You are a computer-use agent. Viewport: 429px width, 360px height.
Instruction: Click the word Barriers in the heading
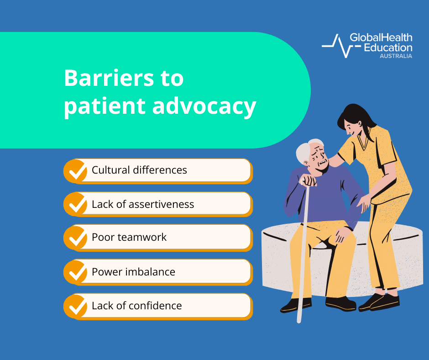pyautogui.click(x=109, y=78)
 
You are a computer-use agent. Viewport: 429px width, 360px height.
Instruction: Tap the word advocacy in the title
pyautogui.click(x=204, y=107)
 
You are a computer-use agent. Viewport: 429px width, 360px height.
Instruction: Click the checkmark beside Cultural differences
pyautogui.click(x=76, y=171)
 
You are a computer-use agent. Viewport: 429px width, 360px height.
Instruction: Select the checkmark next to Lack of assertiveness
pyautogui.click(x=76, y=204)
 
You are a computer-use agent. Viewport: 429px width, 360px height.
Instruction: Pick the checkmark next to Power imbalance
pyautogui.click(x=76, y=272)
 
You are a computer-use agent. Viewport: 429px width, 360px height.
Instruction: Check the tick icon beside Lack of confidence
pyautogui.click(x=76, y=307)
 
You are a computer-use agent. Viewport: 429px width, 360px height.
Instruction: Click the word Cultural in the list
pyautogui.click(x=111, y=170)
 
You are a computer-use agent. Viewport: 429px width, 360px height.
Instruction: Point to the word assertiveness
pyautogui.click(x=162, y=204)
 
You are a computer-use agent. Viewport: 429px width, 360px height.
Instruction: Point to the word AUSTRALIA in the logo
pyautogui.click(x=396, y=56)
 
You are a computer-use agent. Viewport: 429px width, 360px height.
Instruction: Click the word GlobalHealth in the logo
pyautogui.click(x=381, y=37)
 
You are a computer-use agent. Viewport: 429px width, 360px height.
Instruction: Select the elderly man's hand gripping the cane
pyautogui.click(x=309, y=181)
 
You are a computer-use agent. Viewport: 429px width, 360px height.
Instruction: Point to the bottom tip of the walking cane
pyautogui.click(x=299, y=322)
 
